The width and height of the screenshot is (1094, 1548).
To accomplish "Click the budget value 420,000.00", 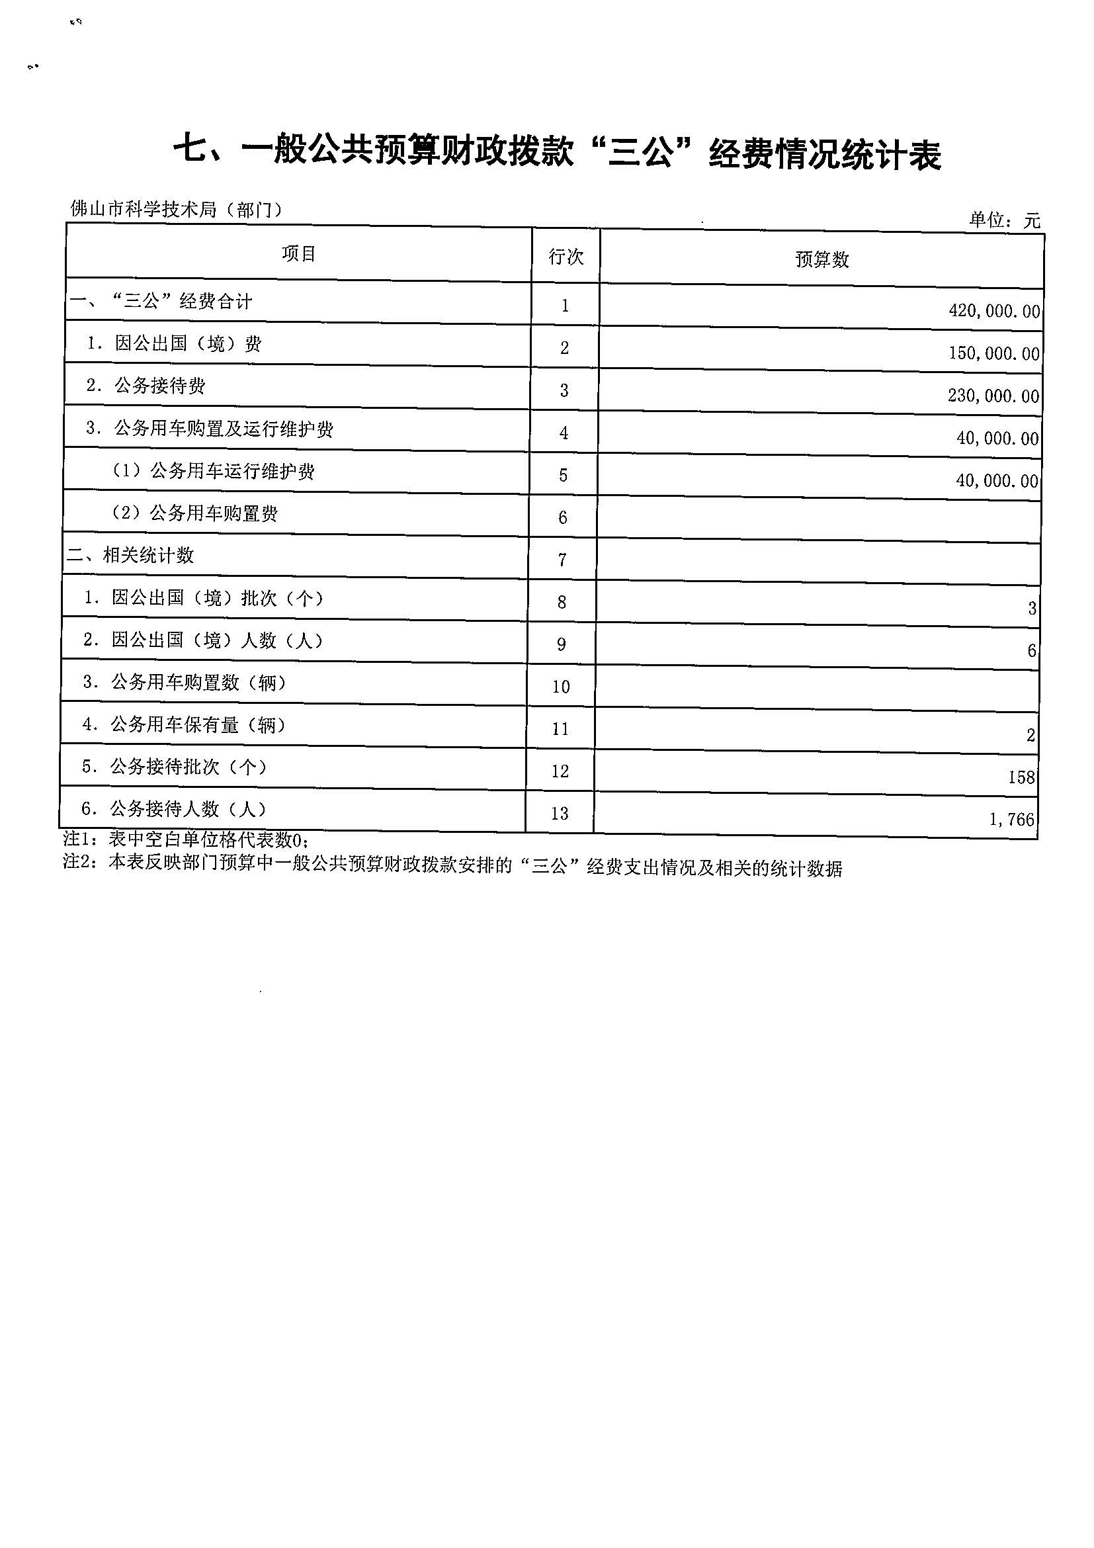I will [x=993, y=311].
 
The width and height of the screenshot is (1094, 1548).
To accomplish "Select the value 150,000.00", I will [x=993, y=353].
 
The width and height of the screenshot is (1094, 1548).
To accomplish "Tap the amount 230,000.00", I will [x=993, y=396].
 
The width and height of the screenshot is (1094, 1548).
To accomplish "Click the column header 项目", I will [x=298, y=254].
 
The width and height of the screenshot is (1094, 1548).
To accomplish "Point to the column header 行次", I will [x=566, y=257].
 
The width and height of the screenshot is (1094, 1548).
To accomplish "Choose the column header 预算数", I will [x=821, y=259].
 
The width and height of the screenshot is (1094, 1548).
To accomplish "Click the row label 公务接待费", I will [x=160, y=386].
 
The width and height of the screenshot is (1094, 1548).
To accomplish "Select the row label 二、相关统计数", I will [x=131, y=556].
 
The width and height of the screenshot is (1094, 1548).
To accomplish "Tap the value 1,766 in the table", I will [x=1011, y=820].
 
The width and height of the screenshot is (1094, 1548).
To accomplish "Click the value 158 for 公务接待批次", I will [x=1021, y=777].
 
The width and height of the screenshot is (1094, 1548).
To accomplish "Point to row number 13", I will [x=560, y=814].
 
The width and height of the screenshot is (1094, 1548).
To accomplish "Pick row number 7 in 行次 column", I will [x=562, y=560].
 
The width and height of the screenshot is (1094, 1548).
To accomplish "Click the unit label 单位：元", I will [x=1004, y=220].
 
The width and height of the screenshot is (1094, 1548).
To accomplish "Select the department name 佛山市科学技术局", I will [x=144, y=210].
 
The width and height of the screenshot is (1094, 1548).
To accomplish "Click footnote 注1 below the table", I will [x=186, y=840].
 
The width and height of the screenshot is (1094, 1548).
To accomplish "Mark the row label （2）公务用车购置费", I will [x=195, y=514].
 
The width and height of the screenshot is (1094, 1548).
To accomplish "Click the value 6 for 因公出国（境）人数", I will [x=1031, y=650].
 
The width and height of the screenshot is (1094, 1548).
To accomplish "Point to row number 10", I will [x=561, y=687].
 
